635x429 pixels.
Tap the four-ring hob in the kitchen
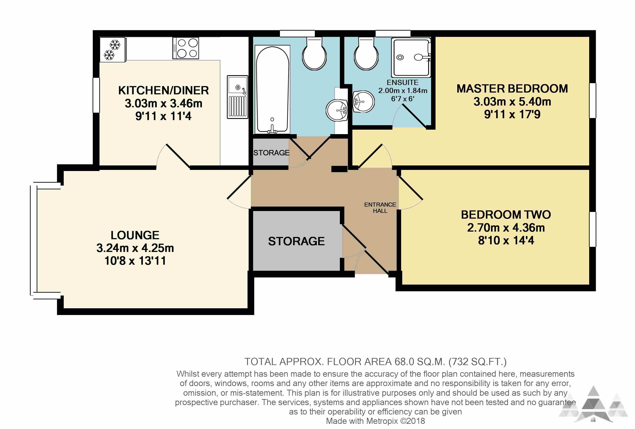(186, 48)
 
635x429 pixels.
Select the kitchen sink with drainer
(237, 97)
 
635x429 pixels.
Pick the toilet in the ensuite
(366, 54)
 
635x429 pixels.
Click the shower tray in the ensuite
(411, 58)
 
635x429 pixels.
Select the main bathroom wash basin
(337, 110)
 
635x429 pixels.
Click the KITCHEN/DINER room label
(163, 91)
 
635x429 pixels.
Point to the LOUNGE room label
(135, 235)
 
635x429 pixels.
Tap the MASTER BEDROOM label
(512, 89)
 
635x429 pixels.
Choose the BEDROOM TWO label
(506, 215)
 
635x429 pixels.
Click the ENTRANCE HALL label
(380, 208)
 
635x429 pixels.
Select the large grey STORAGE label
(296, 241)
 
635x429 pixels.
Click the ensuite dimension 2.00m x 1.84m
(403, 91)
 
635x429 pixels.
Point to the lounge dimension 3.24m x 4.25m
(135, 248)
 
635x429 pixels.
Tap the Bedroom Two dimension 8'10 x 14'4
(506, 241)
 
